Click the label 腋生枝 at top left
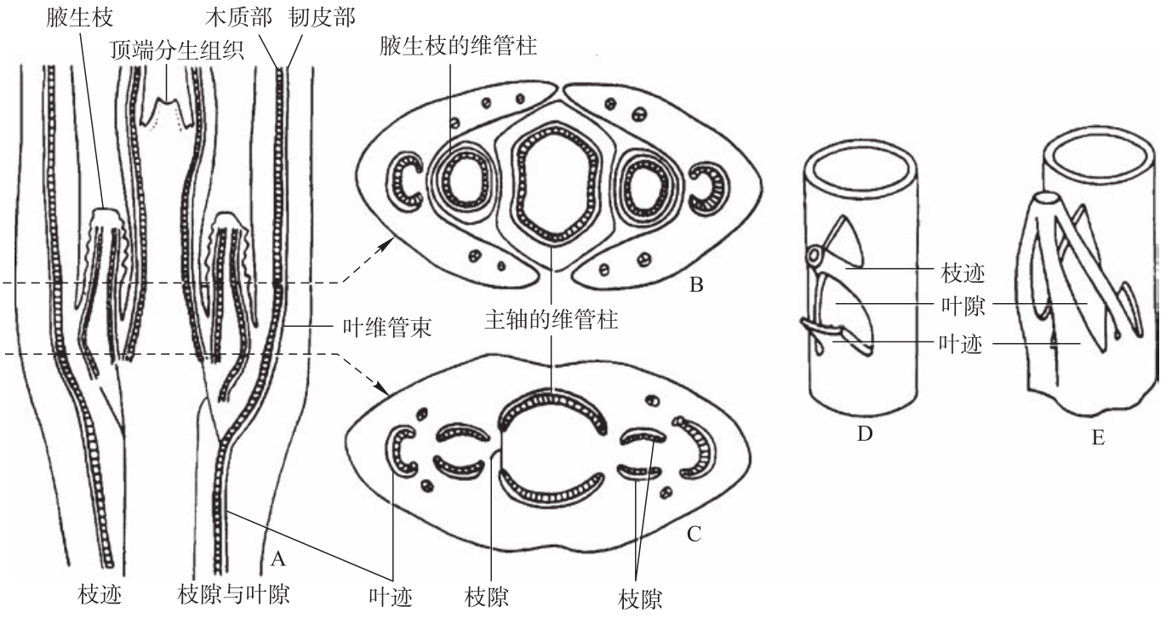(x=79, y=17)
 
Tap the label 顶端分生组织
(x=177, y=51)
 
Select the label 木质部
(x=238, y=17)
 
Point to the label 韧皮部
(x=323, y=17)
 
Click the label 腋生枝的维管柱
(x=459, y=45)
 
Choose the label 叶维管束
(x=387, y=328)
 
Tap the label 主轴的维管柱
(x=552, y=319)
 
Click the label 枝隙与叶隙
(x=233, y=595)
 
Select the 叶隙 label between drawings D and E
(x=963, y=306)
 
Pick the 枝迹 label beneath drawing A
(x=100, y=595)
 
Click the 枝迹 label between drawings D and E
(x=963, y=273)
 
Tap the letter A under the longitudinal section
(x=277, y=559)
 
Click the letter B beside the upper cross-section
(x=696, y=285)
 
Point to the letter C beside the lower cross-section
(x=694, y=534)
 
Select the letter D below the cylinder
(x=865, y=433)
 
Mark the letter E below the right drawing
(x=1098, y=438)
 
